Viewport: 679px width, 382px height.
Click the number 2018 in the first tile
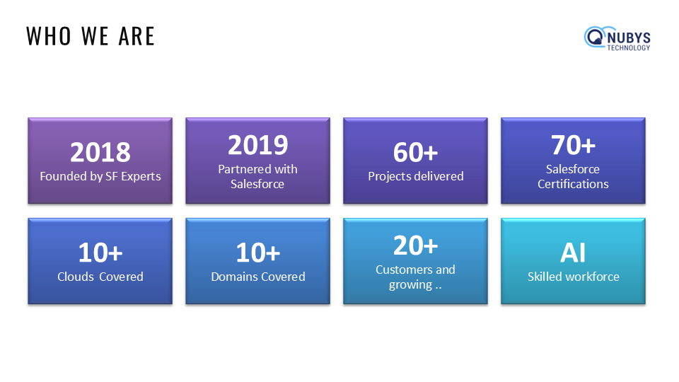point(100,153)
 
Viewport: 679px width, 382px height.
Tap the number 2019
point(257,145)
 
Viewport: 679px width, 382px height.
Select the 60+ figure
point(415,153)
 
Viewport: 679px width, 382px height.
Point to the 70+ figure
point(573,145)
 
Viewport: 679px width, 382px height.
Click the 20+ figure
point(415,245)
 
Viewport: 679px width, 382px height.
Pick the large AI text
point(573,253)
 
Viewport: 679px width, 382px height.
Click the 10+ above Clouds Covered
point(100,253)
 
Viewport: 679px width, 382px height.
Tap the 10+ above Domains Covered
point(257,253)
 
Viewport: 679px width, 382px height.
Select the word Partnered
point(239,169)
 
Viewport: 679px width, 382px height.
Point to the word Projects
point(388,177)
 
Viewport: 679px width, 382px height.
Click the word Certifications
point(573,184)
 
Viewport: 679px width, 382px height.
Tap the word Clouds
point(76,277)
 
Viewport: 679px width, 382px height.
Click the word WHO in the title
point(49,36)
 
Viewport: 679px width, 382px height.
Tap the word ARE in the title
point(137,36)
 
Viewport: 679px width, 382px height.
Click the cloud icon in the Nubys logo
point(595,37)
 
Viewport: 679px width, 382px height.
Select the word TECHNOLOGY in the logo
point(628,47)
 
